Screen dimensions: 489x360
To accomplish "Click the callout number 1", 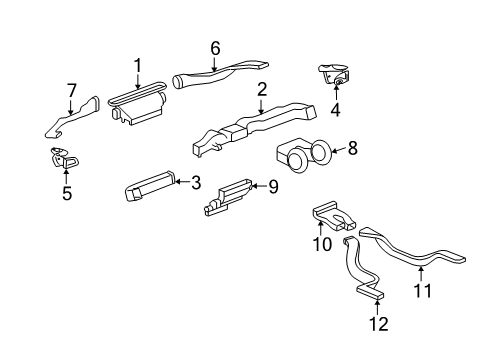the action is tap(138, 66).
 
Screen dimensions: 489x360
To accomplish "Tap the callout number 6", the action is tap(215, 48).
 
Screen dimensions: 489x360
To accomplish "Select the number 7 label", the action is tap(71, 90).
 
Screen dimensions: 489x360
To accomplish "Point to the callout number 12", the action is tap(379, 324).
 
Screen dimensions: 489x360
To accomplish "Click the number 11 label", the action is tap(422, 290).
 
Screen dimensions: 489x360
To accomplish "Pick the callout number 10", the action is tap(322, 244).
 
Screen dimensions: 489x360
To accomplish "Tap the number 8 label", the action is tap(352, 148).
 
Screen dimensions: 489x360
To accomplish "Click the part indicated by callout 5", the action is tap(64, 159).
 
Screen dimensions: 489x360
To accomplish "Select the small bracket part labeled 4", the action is tap(334, 75).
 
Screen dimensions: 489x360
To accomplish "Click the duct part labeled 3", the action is tap(150, 186).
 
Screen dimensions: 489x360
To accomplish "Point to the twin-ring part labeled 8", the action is tap(302, 155).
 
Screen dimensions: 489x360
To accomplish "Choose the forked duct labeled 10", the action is tap(334, 216).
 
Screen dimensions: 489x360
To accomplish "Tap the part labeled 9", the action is tap(228, 197).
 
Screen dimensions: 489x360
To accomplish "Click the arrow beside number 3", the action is tap(182, 182).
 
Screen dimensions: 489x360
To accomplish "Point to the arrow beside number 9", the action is tap(259, 186).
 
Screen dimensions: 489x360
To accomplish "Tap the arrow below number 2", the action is tap(261, 106).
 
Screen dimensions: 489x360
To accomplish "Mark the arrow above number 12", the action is tap(377, 307).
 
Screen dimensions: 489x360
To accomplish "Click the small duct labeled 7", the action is tap(72, 117).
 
